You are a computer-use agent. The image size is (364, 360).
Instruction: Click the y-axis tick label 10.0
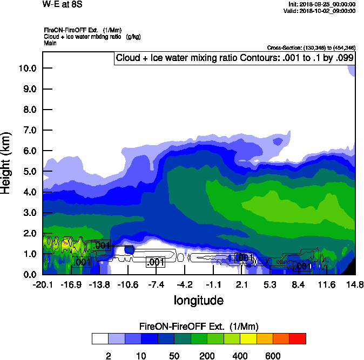point(27,68)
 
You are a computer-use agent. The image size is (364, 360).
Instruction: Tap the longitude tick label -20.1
point(42,284)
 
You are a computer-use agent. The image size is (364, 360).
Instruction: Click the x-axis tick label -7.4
point(156,284)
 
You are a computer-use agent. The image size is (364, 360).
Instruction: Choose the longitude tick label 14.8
point(354,284)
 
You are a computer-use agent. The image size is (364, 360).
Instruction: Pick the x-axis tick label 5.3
point(270,284)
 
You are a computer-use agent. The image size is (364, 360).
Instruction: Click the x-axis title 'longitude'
point(198,300)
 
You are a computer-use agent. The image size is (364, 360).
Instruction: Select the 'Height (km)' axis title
point(7,163)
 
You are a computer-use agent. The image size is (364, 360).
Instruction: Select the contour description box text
point(235,58)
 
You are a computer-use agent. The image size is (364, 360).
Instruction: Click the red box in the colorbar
point(298,339)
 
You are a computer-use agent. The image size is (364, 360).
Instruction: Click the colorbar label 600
point(273,356)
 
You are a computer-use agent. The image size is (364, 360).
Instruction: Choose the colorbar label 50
point(174,356)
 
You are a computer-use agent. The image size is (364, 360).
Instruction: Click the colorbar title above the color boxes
point(199,327)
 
